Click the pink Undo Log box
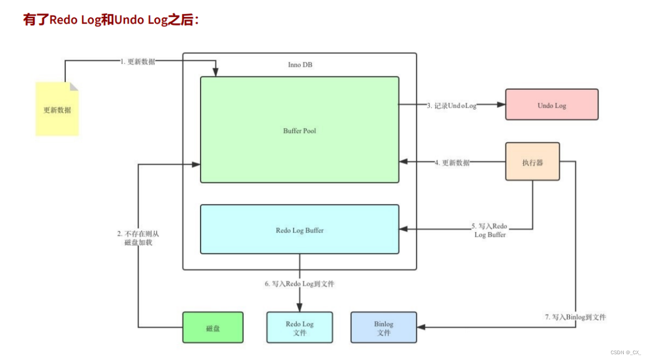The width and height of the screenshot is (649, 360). coord(551,104)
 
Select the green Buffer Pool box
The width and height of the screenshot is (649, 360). coord(299,130)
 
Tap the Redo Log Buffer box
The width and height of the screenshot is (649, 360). coord(299,229)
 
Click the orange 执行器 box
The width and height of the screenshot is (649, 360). coord(532,162)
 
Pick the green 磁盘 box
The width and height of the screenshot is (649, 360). coord(213,327)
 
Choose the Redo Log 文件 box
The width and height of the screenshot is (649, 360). coord(299,327)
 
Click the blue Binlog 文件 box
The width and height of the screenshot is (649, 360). coord(383,327)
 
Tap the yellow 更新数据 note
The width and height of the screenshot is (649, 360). coord(57,109)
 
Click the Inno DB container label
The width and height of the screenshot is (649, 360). coord(300,65)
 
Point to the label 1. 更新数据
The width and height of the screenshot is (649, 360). coord(138,61)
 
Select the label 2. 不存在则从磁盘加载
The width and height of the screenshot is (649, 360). coord(138,238)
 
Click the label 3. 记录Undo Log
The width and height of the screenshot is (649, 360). coord(452,105)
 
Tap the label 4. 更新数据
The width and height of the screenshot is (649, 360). coord(452,163)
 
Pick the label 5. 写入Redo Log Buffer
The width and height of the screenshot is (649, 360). coord(489,230)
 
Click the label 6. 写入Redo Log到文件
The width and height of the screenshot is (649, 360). coord(299,284)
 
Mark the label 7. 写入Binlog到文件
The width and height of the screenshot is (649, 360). coord(575,317)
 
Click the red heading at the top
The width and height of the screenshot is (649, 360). coord(111,20)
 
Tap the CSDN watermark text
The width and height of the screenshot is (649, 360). coord(626,352)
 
